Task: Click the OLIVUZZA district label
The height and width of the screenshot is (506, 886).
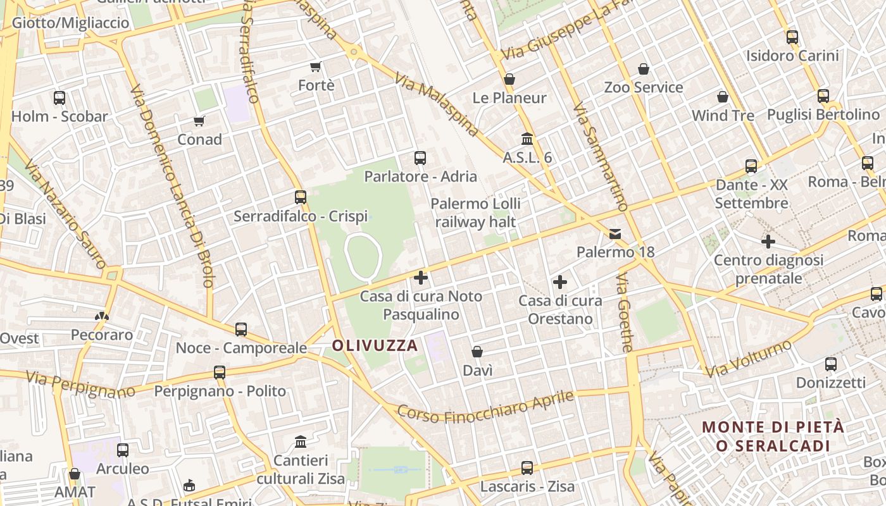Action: pos(375,345)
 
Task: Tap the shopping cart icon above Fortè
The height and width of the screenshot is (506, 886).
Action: pos(315,66)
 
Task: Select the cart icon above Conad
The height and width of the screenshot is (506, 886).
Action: pos(199,121)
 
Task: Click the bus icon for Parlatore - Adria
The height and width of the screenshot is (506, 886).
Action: pos(420,157)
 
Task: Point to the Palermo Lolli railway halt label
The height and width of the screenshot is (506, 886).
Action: pos(475,213)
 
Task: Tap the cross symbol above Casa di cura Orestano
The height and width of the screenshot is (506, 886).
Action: pos(560,282)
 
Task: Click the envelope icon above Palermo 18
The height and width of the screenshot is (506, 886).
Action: pos(615,234)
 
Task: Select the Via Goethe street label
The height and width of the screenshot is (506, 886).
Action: pos(625,313)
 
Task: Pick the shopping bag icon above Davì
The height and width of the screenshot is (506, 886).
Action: pos(477,352)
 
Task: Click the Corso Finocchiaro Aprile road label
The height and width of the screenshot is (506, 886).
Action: pos(485,407)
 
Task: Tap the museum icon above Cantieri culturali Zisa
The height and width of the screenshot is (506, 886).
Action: pos(301,441)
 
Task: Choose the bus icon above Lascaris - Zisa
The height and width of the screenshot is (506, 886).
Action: pos(527,468)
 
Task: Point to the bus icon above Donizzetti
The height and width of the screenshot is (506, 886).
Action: pos(831,364)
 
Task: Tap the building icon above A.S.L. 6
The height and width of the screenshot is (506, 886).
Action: pos(527,139)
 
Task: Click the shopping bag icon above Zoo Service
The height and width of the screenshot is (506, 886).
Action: pos(644,68)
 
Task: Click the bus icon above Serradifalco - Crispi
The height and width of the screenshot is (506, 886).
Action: pos(301,197)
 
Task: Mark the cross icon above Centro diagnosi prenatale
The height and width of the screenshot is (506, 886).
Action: pos(768,241)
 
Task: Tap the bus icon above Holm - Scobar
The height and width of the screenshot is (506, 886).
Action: pos(59,98)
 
